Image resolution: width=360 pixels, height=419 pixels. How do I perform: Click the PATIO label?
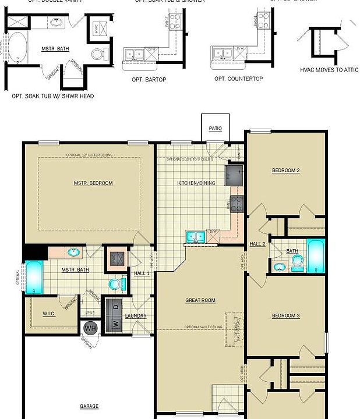[216, 129]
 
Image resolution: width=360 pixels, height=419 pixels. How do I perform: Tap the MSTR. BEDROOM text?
[93, 183]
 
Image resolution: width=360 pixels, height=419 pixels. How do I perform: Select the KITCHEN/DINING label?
[196, 183]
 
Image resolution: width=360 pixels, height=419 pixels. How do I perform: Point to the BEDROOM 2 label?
[286, 171]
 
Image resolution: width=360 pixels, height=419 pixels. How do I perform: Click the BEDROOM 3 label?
[286, 316]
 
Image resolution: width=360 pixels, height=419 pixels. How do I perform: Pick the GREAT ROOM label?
[200, 300]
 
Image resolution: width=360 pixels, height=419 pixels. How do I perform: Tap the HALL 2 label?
[257, 244]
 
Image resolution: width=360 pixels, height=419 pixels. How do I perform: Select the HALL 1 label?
[142, 273]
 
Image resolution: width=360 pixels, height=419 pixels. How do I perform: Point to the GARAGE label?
[89, 406]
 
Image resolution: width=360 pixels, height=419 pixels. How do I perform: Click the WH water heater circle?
[90, 329]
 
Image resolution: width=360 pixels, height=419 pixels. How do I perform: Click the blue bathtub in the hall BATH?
[317, 256]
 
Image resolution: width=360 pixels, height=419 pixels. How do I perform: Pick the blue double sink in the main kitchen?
[195, 236]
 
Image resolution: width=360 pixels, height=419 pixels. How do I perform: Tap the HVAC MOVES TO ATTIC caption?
[329, 69]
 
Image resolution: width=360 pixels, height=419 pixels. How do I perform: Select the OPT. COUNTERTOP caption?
[238, 79]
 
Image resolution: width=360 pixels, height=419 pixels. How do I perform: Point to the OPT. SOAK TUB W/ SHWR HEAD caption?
[53, 96]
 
